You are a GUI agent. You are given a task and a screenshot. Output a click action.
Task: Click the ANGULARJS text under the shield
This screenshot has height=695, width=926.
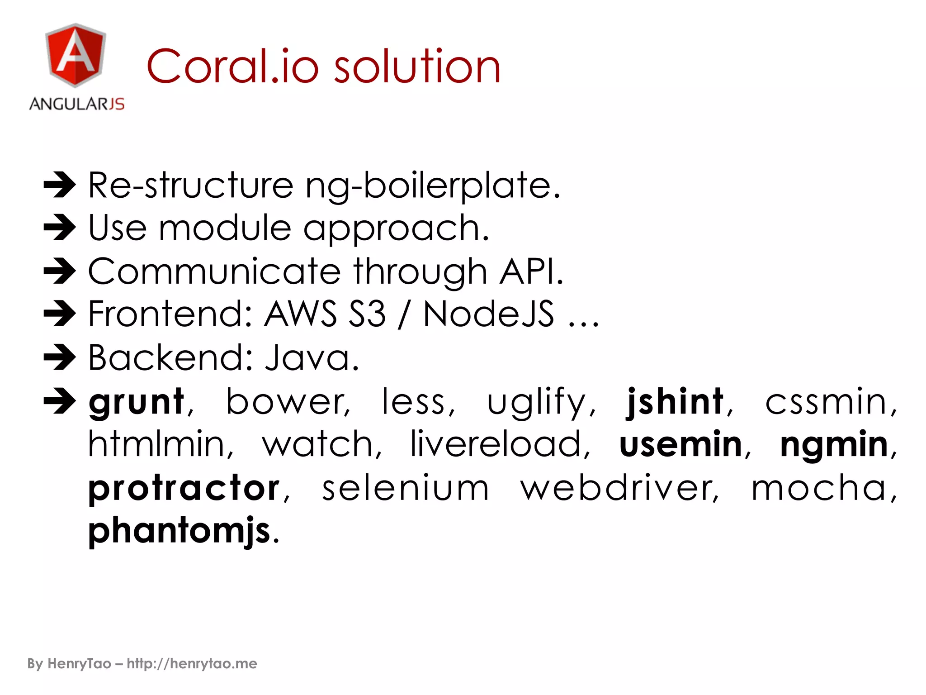(x=77, y=104)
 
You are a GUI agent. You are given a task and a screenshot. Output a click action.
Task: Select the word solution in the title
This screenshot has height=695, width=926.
(x=417, y=67)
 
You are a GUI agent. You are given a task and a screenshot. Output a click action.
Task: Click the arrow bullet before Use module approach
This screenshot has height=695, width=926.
(x=60, y=227)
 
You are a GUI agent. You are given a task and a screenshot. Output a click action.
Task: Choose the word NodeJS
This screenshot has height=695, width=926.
(x=488, y=314)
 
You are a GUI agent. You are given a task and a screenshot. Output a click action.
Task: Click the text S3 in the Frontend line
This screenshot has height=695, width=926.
(x=367, y=314)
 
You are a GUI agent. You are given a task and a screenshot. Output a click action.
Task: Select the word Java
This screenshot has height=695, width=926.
(x=312, y=357)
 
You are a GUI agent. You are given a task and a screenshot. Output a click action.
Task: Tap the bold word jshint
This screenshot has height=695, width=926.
(x=676, y=402)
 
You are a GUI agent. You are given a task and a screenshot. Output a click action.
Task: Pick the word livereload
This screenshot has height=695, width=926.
(x=496, y=444)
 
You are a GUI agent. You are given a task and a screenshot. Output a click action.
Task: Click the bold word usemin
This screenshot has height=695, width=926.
(x=680, y=444)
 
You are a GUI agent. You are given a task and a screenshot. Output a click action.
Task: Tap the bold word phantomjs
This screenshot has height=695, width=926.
(x=179, y=530)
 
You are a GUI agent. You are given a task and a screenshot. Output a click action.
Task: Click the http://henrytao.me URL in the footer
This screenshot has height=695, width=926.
(x=192, y=664)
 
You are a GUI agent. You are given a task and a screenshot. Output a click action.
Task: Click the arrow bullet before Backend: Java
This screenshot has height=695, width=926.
(x=60, y=357)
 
